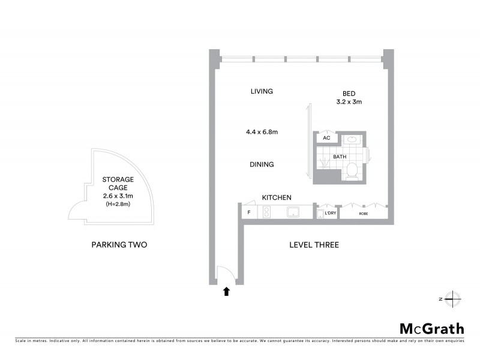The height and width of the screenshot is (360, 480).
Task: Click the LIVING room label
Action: click(x=262, y=91)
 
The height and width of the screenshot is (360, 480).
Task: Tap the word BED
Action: click(x=349, y=93)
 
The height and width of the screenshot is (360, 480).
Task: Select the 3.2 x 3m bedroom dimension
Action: click(x=349, y=102)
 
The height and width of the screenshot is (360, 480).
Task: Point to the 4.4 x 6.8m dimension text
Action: click(x=261, y=131)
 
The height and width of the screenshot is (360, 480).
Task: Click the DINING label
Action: click(x=262, y=164)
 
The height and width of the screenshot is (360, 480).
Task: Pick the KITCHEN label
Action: click(x=277, y=197)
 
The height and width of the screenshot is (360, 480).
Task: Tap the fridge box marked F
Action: click(x=248, y=212)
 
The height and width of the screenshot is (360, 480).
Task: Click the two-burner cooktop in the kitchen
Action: click(x=266, y=212)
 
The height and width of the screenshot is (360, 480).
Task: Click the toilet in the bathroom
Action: click(x=352, y=171)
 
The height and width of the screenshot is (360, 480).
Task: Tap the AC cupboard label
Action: click(x=326, y=138)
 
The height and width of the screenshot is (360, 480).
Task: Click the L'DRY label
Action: click(x=329, y=213)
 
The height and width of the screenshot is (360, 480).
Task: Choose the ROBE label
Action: click(x=363, y=213)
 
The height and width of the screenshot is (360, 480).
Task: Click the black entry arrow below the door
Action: click(x=226, y=292)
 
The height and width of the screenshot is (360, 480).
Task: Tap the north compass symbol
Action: click(x=453, y=298)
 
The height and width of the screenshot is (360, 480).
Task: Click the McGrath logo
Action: click(x=431, y=328)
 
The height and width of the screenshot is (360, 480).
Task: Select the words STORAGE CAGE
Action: click(x=118, y=184)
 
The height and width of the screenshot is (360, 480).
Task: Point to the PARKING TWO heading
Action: click(x=119, y=245)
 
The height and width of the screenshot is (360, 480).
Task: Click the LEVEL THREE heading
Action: click(x=314, y=245)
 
